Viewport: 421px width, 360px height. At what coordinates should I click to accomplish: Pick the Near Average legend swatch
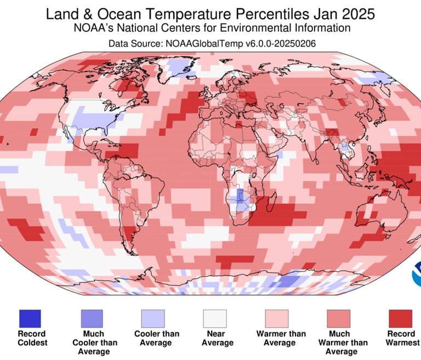click(216, 318)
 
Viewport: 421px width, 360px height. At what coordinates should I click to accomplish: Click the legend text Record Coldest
click(32, 338)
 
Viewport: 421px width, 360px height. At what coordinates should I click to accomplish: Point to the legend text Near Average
click(218, 338)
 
